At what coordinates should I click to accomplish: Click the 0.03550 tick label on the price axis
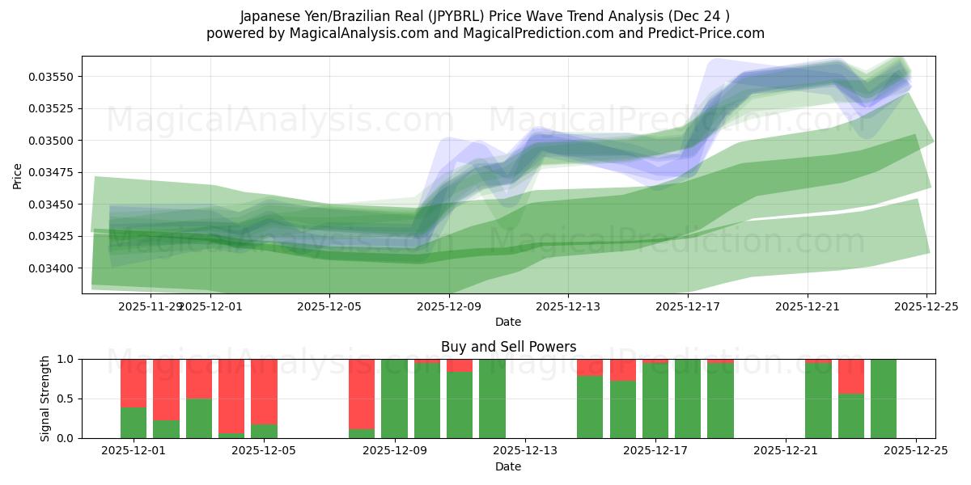(51, 77)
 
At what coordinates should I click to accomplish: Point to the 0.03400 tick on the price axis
(51, 268)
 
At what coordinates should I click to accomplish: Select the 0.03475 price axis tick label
(51, 172)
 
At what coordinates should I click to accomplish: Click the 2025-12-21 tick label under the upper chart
(807, 306)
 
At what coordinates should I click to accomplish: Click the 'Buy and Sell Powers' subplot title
(508, 347)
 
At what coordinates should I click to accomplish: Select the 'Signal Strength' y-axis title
(45, 399)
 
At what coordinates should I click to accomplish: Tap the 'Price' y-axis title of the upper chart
(18, 175)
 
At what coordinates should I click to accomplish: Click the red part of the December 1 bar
(134, 383)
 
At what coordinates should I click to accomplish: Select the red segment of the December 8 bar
(362, 394)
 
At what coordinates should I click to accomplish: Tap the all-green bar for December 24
(884, 399)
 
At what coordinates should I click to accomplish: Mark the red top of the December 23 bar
(850, 377)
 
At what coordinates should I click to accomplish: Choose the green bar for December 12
(492, 399)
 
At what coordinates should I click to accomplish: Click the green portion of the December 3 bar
(199, 418)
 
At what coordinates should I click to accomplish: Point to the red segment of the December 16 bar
(622, 370)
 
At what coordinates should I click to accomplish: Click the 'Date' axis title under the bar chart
(508, 466)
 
